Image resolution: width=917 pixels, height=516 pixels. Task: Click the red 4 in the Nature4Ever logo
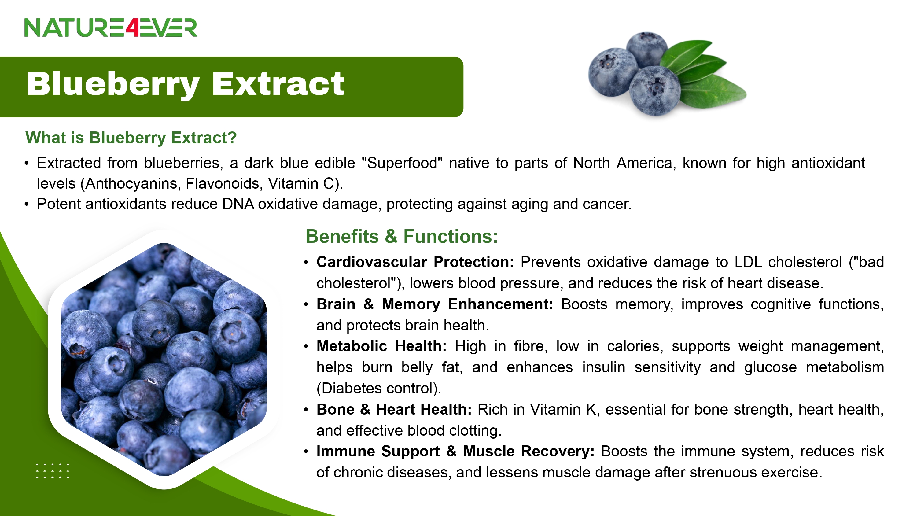click(132, 28)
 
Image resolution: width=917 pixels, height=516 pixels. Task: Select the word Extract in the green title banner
click(278, 84)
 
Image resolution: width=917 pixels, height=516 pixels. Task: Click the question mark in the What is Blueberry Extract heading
click(232, 138)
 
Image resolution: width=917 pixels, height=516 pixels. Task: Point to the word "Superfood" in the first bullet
click(402, 163)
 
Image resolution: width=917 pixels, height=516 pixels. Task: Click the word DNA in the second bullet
click(238, 204)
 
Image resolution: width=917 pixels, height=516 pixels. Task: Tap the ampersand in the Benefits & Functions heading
click(391, 237)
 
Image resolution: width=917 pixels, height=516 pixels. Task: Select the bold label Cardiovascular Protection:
click(415, 262)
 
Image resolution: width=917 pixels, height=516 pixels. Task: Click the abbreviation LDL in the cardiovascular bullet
click(748, 262)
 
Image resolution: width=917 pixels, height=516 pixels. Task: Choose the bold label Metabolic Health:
click(381, 346)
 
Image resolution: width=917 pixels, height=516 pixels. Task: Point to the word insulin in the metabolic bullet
click(603, 367)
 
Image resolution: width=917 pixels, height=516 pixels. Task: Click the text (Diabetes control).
click(379, 388)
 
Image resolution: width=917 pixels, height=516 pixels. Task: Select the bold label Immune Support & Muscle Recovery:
click(456, 451)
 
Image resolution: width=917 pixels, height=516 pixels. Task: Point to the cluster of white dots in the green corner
click(53, 471)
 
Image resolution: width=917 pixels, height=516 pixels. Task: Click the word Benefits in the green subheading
click(342, 237)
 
